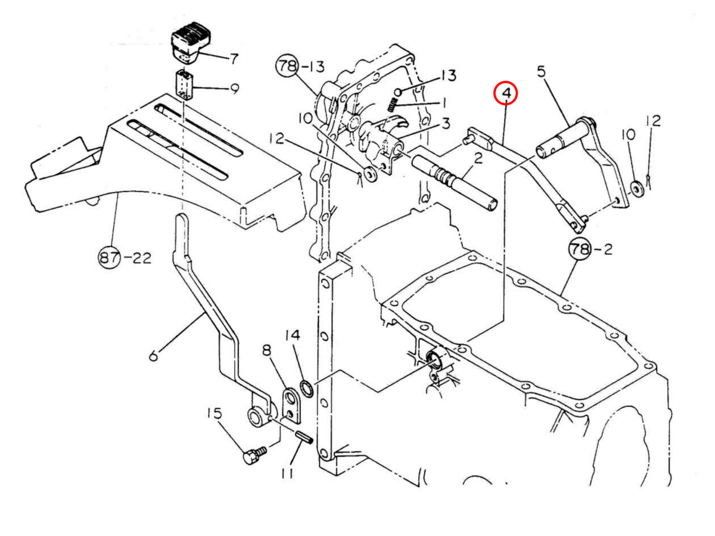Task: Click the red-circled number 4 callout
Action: point(506,94)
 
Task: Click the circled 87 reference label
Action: point(109,258)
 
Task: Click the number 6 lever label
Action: point(154,356)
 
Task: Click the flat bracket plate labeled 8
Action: point(292,406)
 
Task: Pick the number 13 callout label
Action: point(448,76)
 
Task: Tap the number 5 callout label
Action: point(540,72)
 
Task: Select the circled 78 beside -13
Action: point(286,66)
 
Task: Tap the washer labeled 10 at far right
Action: point(635,188)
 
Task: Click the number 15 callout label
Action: point(214,413)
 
